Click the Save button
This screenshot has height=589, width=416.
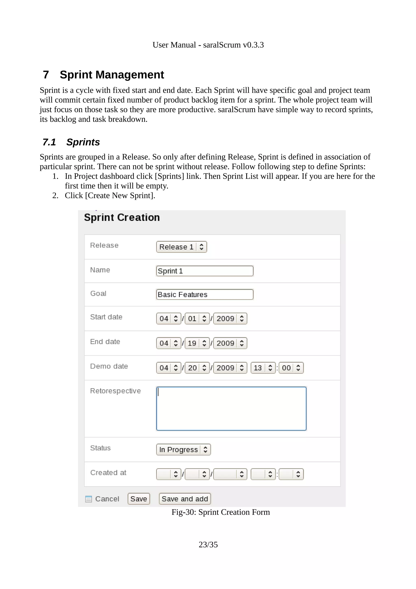[x=139, y=499]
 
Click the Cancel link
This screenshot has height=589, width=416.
[x=107, y=499]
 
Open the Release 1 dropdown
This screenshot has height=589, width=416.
[x=181, y=247]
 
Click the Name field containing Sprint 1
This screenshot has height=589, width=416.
[x=205, y=271]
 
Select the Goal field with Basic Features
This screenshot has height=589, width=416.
[x=205, y=294]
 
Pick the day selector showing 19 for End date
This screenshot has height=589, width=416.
[x=197, y=343]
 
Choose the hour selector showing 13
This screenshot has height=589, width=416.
[x=263, y=368]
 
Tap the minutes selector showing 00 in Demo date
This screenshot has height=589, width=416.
[x=291, y=368]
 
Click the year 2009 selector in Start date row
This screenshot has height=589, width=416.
[x=230, y=319]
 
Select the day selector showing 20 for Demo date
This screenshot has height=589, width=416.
[x=197, y=368]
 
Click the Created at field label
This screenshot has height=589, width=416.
[x=108, y=473]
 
